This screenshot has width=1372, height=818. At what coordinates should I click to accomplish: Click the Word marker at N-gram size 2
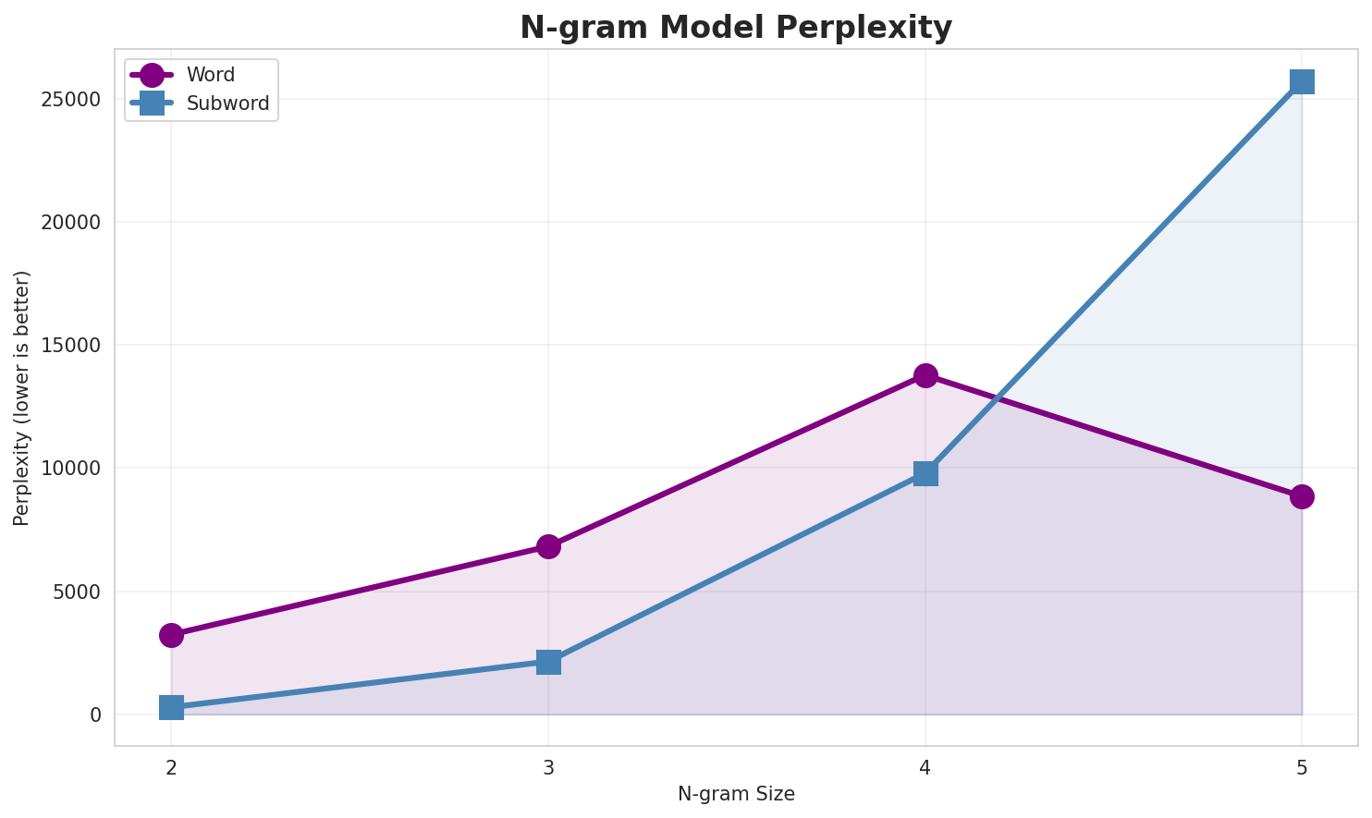(x=171, y=635)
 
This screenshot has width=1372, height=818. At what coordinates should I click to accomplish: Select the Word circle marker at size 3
(x=548, y=546)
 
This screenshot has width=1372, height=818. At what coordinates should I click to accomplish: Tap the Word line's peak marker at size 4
(x=925, y=375)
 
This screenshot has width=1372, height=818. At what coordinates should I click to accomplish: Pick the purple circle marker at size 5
(x=1302, y=496)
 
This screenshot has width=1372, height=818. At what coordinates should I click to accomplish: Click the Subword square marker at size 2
(x=171, y=708)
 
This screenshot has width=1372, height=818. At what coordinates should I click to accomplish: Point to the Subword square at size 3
(x=548, y=662)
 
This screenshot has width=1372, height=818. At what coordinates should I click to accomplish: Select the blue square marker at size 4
(x=925, y=473)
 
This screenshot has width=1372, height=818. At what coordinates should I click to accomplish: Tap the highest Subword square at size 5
(x=1302, y=81)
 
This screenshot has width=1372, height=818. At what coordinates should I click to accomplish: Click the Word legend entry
(x=210, y=75)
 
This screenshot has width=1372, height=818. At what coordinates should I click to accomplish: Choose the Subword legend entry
(x=227, y=104)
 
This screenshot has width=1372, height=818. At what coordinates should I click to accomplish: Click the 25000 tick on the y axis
(x=70, y=100)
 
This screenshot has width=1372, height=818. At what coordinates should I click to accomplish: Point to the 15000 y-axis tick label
(x=70, y=346)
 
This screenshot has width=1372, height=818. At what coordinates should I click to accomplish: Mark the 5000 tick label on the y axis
(x=76, y=592)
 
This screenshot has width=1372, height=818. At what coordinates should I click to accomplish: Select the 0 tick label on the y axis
(x=95, y=714)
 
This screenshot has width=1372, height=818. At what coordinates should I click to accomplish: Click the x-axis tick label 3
(x=548, y=766)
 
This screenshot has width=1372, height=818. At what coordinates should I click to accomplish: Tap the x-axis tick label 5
(x=1302, y=766)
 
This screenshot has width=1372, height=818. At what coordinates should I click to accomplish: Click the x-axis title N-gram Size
(x=736, y=794)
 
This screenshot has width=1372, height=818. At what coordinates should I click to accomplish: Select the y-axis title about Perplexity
(x=22, y=397)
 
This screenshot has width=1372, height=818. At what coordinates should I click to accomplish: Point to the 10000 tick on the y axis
(x=70, y=469)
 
